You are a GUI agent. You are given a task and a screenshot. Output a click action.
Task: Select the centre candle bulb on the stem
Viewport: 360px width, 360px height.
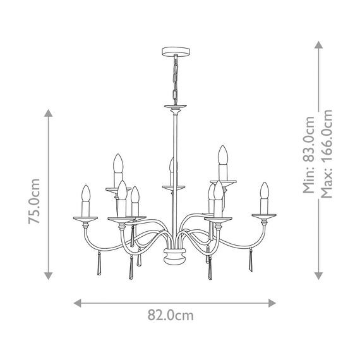171,170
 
